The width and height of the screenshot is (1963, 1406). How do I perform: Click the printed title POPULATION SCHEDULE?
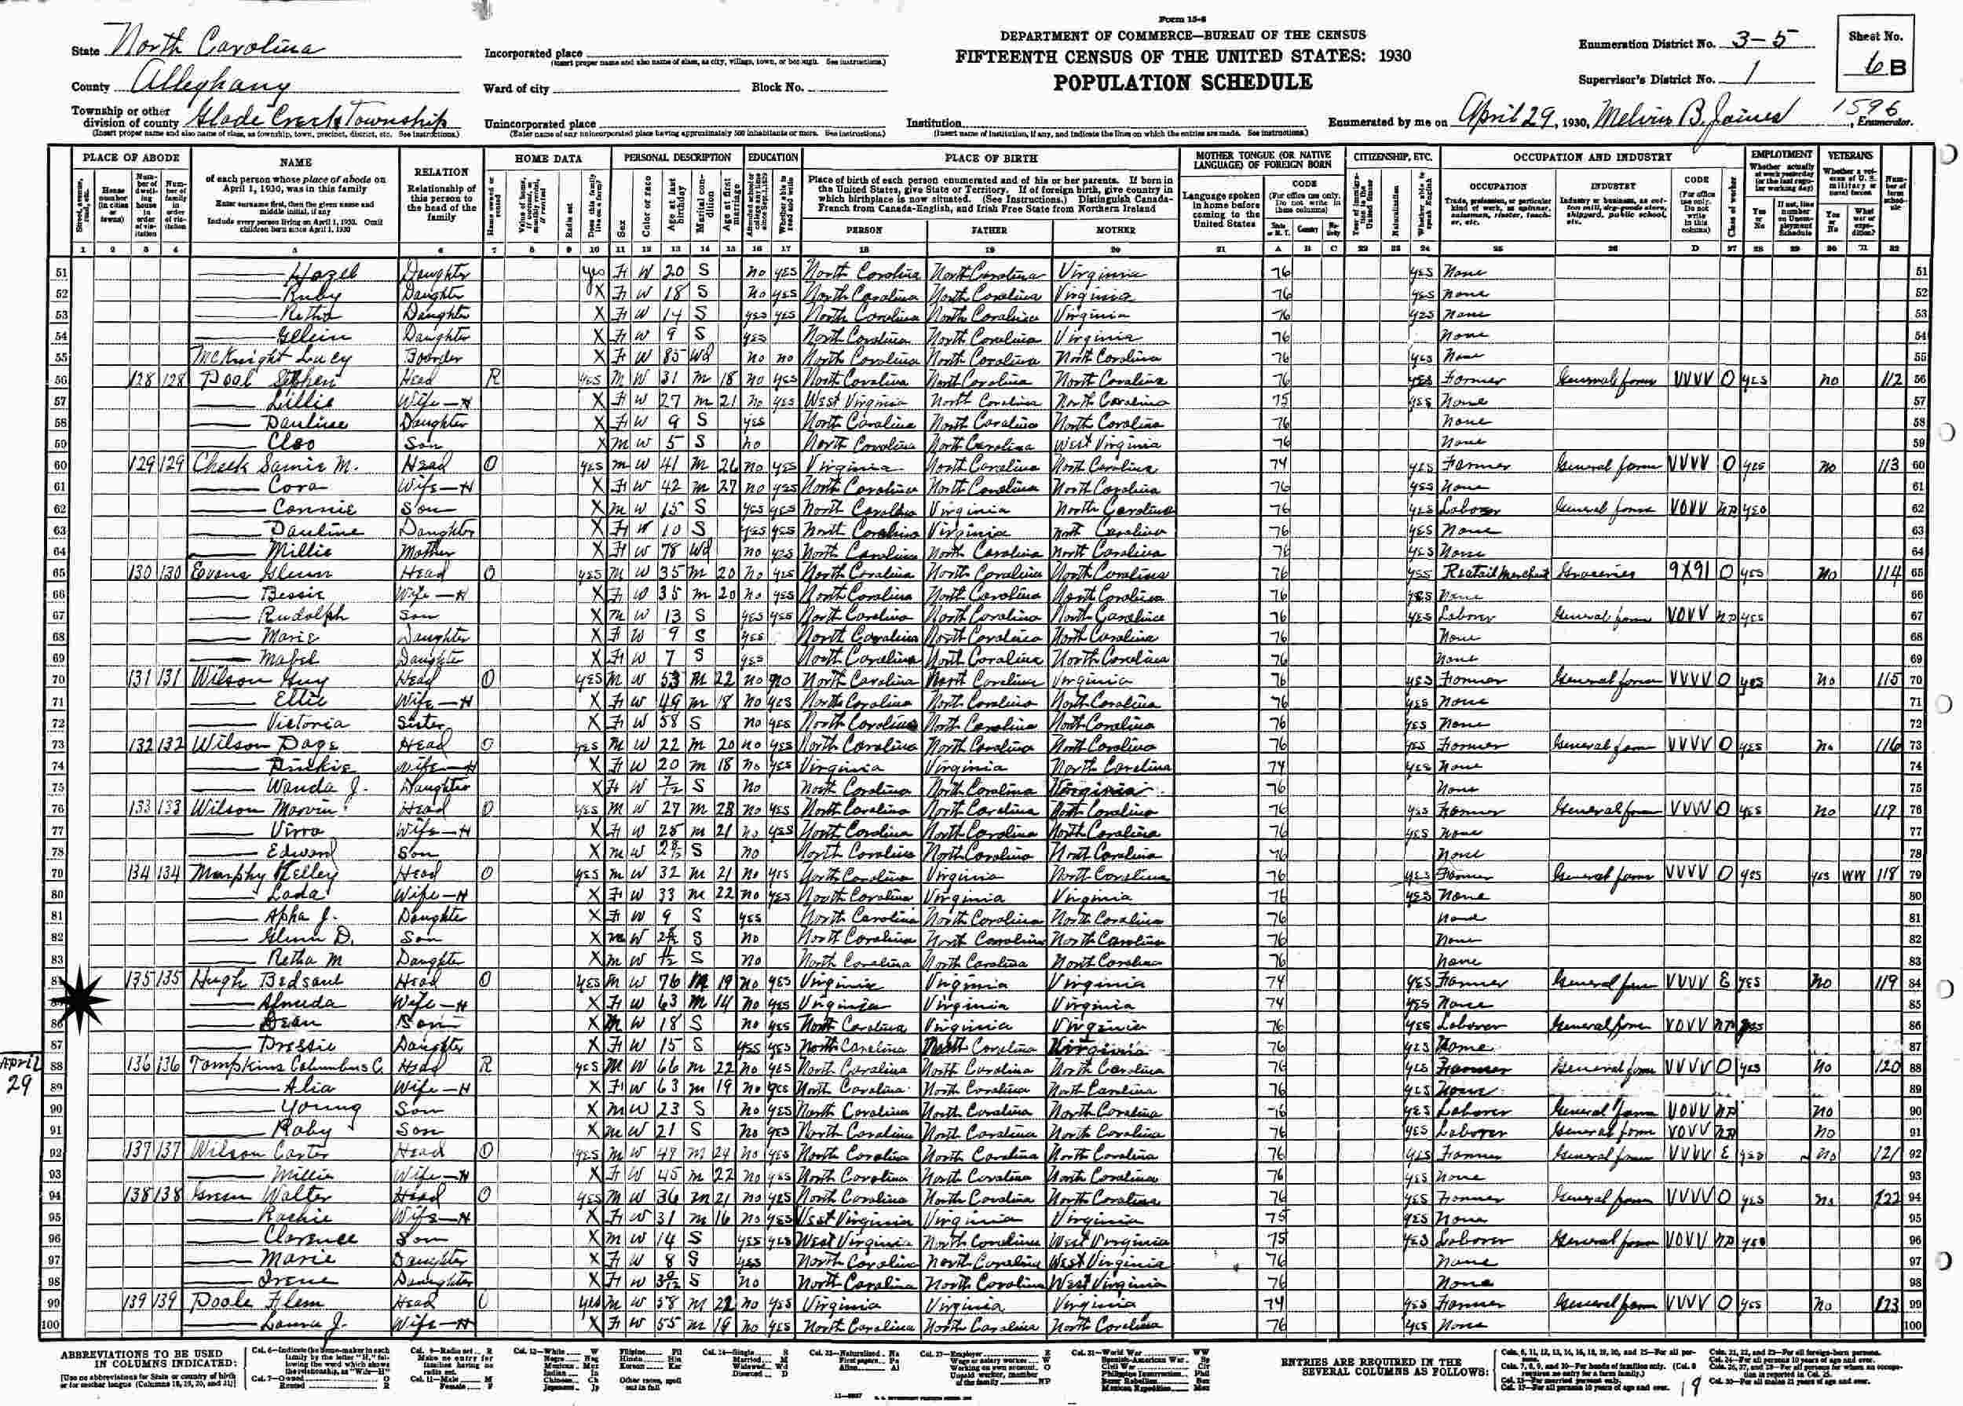point(1182,84)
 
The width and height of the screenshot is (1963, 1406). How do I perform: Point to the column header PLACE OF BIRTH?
point(992,159)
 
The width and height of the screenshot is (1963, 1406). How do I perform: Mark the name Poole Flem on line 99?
point(260,1305)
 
